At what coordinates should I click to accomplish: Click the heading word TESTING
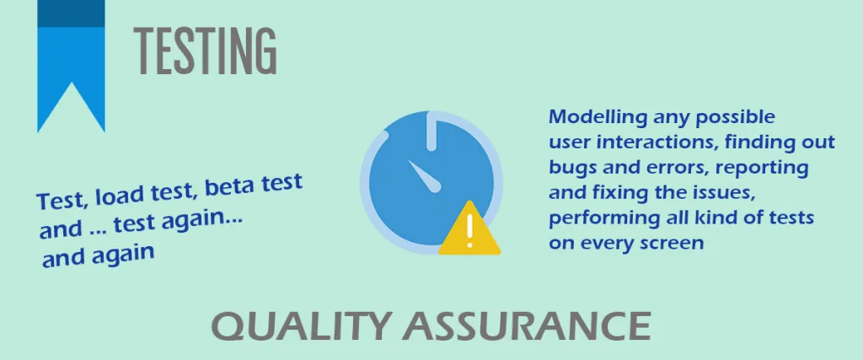(x=205, y=51)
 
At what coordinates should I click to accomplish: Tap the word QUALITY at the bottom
(x=301, y=327)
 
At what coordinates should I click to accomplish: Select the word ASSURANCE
(x=527, y=326)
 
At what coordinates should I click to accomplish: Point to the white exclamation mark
(x=469, y=231)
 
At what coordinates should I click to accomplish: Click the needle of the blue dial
(x=425, y=176)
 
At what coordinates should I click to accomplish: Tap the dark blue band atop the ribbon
(x=71, y=13)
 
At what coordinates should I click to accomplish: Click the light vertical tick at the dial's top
(x=432, y=132)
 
